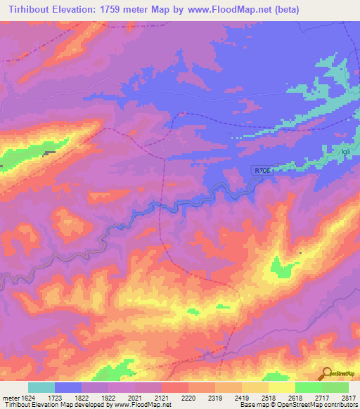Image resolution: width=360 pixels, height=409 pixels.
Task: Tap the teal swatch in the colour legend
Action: click(x=41, y=387)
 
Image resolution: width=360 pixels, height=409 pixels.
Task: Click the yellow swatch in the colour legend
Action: click(x=281, y=387)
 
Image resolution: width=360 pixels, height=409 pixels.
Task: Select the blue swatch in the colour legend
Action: click(x=67, y=387)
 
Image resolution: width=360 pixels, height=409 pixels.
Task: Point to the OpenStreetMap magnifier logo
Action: click(x=326, y=373)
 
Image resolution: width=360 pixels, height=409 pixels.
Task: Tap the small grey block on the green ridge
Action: click(x=49, y=153)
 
